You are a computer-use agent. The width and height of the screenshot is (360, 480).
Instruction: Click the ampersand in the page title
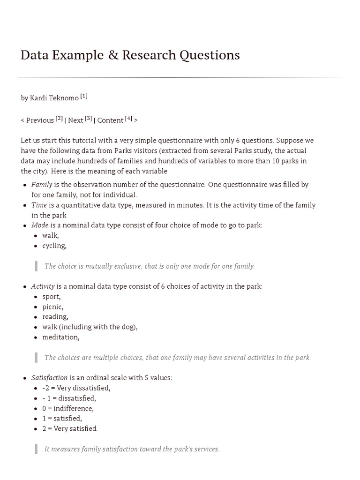coord(112,55)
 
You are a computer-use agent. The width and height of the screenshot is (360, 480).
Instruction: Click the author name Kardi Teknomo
coord(54,98)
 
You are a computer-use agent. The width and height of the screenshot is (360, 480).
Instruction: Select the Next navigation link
coord(75,120)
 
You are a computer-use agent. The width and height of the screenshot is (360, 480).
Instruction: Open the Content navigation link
coord(110,120)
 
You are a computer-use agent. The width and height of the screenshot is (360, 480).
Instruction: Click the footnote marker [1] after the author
coord(84,96)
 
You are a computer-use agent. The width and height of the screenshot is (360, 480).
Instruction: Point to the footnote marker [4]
coord(129,118)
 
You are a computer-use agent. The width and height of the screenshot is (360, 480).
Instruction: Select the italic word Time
coord(39,205)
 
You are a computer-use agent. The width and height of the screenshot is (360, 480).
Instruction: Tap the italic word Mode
coord(40,225)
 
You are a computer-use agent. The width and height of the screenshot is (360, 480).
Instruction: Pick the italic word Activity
coord(43,286)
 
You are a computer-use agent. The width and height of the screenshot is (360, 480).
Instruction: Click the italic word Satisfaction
coord(49,378)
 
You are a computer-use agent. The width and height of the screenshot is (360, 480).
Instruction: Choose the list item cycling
coord(54,246)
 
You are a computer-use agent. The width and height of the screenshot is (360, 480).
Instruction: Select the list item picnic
coord(52,307)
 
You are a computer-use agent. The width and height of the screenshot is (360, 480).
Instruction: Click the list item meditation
coord(60,337)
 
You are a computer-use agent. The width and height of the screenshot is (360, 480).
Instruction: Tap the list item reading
coord(55,317)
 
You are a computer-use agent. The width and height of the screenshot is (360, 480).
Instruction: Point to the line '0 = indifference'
coord(67,408)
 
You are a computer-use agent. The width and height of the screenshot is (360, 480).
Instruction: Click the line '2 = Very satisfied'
coord(70,428)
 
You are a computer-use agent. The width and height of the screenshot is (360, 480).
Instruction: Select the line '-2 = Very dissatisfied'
coord(76,388)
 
